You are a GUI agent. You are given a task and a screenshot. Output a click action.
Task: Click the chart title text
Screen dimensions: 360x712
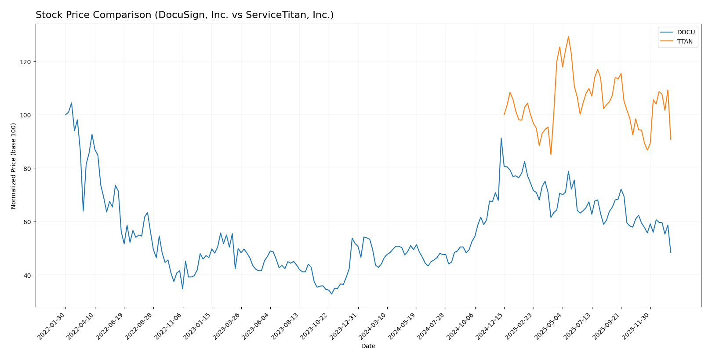185,15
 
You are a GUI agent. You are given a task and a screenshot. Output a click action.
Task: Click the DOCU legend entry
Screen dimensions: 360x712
686,33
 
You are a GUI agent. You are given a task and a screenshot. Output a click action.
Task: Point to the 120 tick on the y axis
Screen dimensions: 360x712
28,62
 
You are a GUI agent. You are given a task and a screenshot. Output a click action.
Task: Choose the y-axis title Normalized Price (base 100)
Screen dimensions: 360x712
14,166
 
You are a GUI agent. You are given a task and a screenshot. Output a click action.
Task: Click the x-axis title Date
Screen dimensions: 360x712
368,346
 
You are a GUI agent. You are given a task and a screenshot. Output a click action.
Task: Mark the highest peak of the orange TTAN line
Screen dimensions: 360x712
568,36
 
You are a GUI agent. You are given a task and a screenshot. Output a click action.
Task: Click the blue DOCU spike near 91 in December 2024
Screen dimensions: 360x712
501,138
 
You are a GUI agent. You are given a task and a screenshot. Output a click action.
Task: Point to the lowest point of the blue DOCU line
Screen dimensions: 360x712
331,294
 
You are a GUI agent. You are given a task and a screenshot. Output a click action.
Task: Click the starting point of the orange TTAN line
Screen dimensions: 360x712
504,115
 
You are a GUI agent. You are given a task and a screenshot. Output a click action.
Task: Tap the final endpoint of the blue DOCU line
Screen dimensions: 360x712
671,253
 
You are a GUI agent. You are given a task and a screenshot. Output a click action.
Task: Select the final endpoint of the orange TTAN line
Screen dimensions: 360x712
671,139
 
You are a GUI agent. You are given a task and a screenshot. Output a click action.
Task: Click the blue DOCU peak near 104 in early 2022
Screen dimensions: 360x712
72,103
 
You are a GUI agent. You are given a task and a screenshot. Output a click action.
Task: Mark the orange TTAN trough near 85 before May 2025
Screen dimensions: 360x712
551,154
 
